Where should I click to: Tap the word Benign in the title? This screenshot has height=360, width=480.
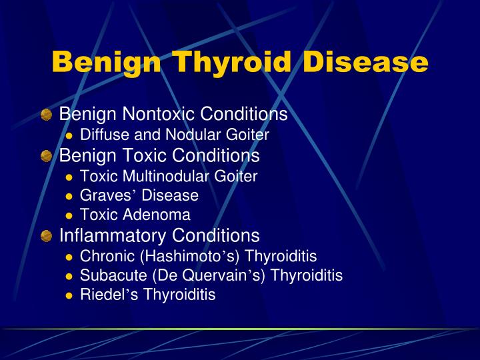point(105,62)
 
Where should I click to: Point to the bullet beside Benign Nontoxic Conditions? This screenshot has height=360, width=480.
point(46,115)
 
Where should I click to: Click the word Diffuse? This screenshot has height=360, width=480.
point(101,135)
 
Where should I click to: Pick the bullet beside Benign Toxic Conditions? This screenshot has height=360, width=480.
point(46,156)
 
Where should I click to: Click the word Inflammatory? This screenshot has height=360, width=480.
point(113,235)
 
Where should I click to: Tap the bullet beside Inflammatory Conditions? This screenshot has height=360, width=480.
point(46,236)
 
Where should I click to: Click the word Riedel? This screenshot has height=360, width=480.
point(101,295)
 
